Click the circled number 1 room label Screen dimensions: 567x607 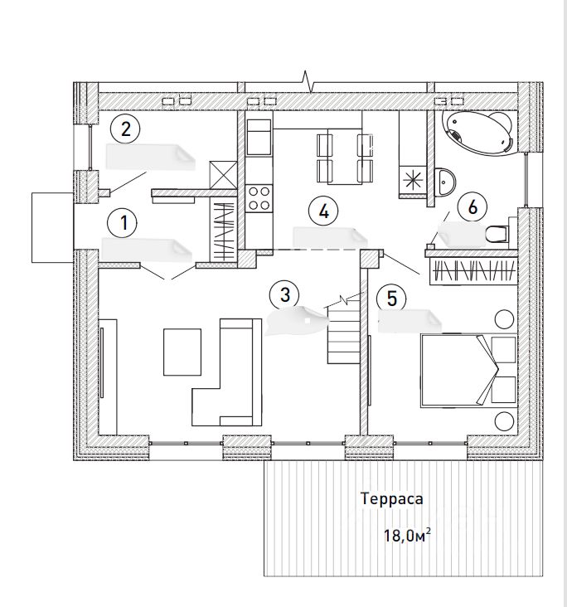[124, 222]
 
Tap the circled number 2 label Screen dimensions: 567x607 [125, 129]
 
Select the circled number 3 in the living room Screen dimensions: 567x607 [284, 294]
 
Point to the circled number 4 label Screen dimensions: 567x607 [323, 210]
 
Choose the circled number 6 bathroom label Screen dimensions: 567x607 [472, 207]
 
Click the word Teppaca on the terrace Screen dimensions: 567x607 [391, 499]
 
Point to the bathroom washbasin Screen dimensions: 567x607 [445, 179]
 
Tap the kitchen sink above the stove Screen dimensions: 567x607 [259, 138]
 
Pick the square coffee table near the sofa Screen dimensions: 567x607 [182, 352]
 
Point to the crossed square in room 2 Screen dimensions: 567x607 [224, 174]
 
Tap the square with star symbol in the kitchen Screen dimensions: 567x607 [413, 177]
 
